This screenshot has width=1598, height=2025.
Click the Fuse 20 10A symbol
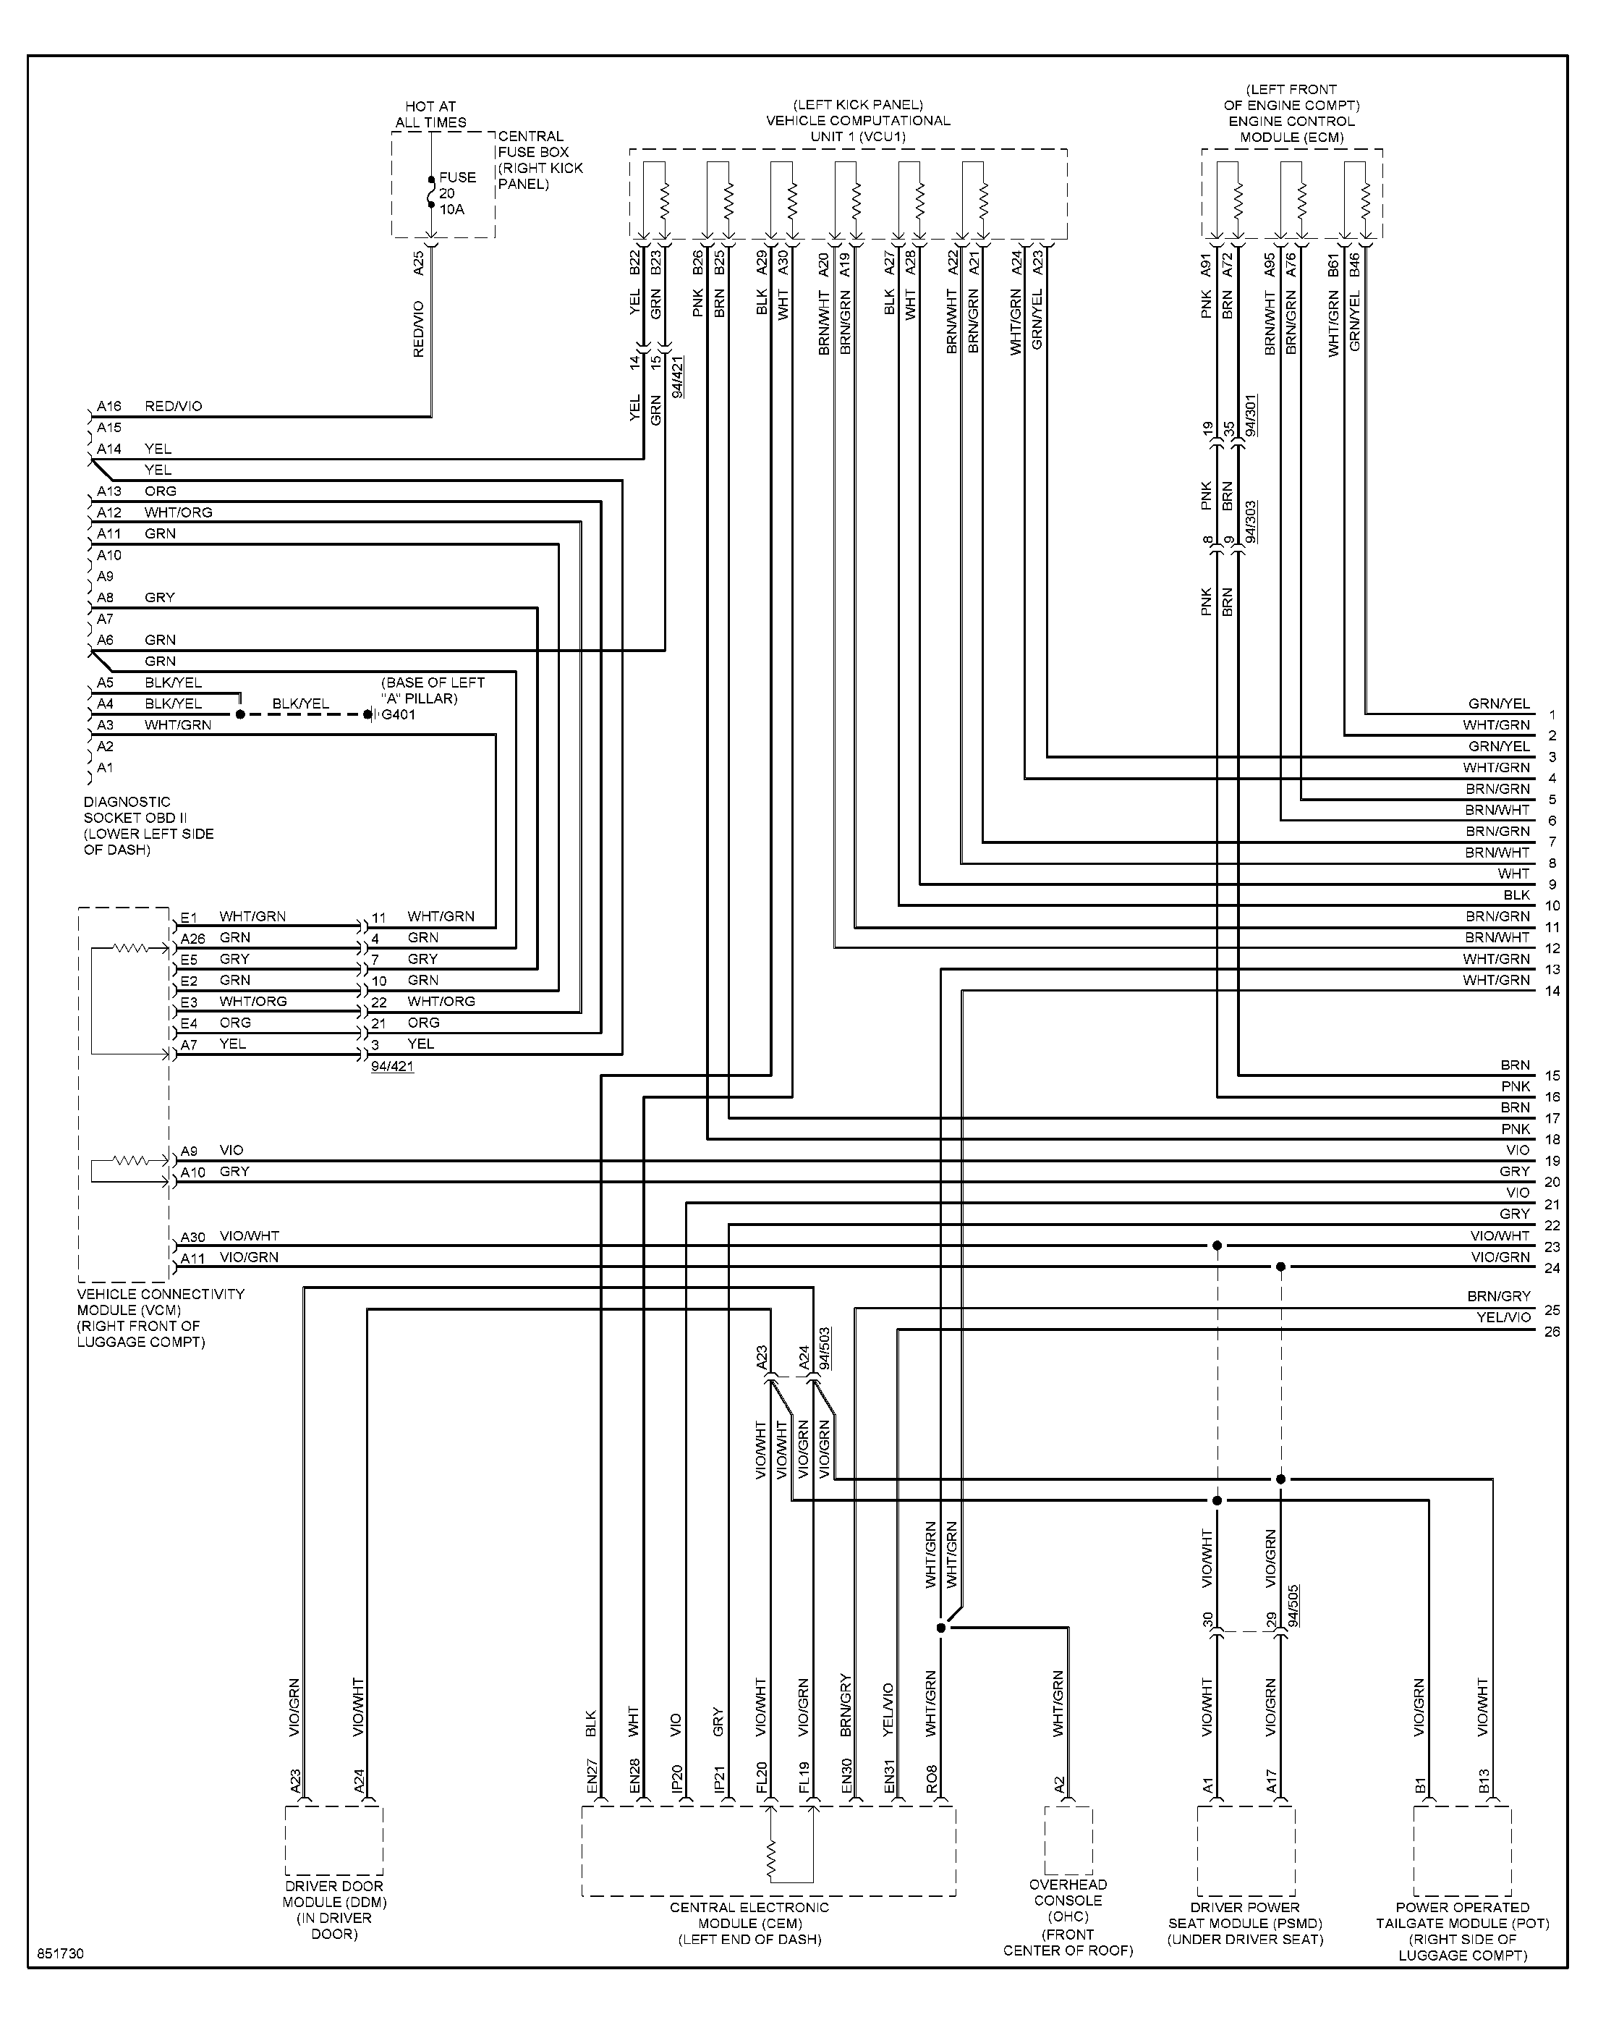(x=431, y=192)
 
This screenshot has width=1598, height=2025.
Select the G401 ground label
(x=399, y=715)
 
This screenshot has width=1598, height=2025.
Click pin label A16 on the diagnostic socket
(x=109, y=406)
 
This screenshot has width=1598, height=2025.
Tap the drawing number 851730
(x=61, y=1954)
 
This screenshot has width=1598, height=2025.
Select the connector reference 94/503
(x=824, y=1348)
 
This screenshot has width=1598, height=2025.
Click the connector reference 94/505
(x=1292, y=1606)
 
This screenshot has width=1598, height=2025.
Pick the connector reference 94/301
(x=1251, y=415)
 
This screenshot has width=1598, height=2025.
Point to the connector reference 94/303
(x=1251, y=522)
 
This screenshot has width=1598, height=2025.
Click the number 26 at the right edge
(x=1552, y=1332)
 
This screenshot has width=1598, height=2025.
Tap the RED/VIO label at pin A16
(x=173, y=406)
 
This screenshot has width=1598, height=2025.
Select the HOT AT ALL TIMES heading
(x=430, y=114)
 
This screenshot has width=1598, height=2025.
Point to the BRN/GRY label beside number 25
(x=1499, y=1296)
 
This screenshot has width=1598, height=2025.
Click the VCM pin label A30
(x=192, y=1237)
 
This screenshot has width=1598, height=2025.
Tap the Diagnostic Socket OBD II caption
(x=149, y=825)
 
